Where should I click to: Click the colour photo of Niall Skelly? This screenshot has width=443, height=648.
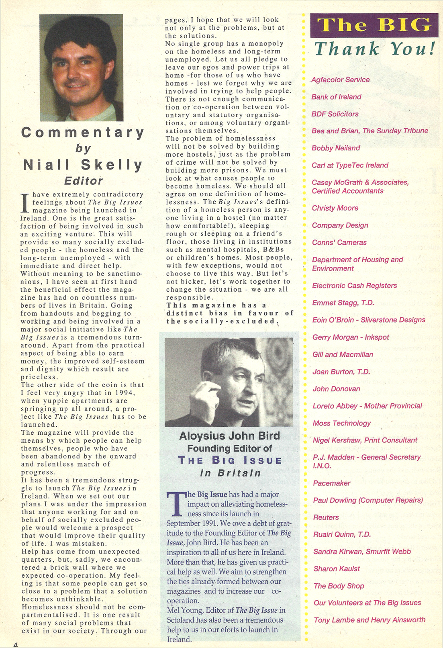click(81, 67)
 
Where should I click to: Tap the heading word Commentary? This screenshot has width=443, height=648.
click(83, 132)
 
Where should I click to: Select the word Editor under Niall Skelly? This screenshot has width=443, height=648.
click(84, 181)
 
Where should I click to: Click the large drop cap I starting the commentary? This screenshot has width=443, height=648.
click(25, 203)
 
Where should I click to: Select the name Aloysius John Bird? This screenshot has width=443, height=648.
click(229, 436)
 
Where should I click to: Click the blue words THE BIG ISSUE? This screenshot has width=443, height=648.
click(230, 460)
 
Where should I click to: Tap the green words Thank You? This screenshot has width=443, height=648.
click(375, 49)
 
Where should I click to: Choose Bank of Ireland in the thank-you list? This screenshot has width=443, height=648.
click(336, 97)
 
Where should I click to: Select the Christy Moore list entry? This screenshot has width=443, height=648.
click(335, 208)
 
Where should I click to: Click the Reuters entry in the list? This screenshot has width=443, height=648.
click(326, 517)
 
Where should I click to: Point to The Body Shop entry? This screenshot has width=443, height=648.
click(339, 586)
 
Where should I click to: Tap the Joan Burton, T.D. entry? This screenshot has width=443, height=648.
click(341, 372)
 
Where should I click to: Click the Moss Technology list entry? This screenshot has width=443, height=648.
click(341, 423)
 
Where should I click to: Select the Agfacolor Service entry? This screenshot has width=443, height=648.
click(340, 80)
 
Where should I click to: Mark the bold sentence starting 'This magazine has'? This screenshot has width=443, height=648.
click(230, 313)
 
